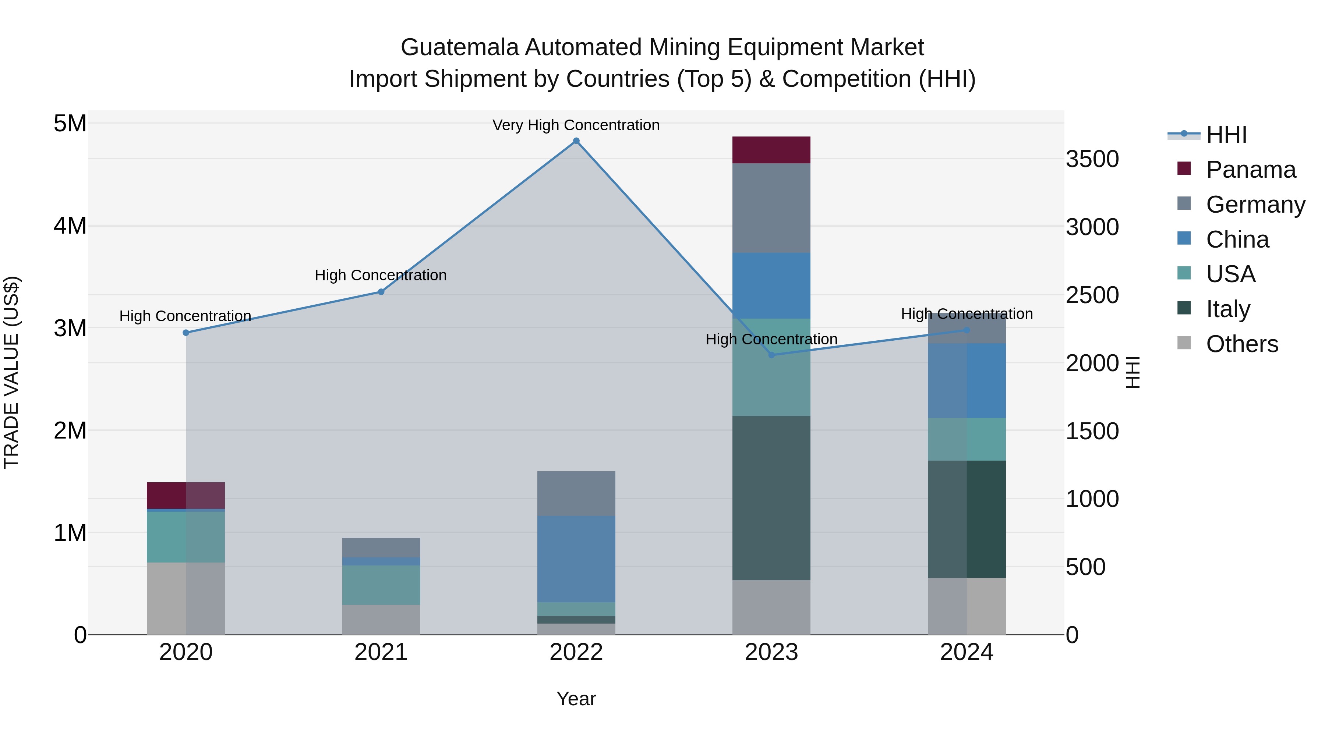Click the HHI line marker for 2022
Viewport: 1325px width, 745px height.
[x=576, y=141]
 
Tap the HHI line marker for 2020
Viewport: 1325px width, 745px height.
[x=186, y=333]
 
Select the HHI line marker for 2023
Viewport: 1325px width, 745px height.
[x=771, y=355]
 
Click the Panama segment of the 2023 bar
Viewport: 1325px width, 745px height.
[x=771, y=150]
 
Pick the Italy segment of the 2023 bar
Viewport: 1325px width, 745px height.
[x=771, y=498]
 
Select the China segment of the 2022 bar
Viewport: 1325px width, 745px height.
[x=576, y=559]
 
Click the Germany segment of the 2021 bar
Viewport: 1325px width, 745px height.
[x=381, y=547]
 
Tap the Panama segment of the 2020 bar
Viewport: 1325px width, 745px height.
[x=186, y=496]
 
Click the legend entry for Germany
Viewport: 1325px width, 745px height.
[x=1255, y=205]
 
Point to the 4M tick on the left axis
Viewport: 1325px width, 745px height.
[x=70, y=226]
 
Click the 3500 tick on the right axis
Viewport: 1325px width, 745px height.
[x=1092, y=159]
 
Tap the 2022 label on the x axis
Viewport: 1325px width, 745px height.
[x=576, y=652]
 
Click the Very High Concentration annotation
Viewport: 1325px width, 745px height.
[x=576, y=125]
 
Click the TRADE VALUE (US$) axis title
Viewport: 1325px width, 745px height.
[x=11, y=372]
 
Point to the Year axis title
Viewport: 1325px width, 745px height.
[x=576, y=699]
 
